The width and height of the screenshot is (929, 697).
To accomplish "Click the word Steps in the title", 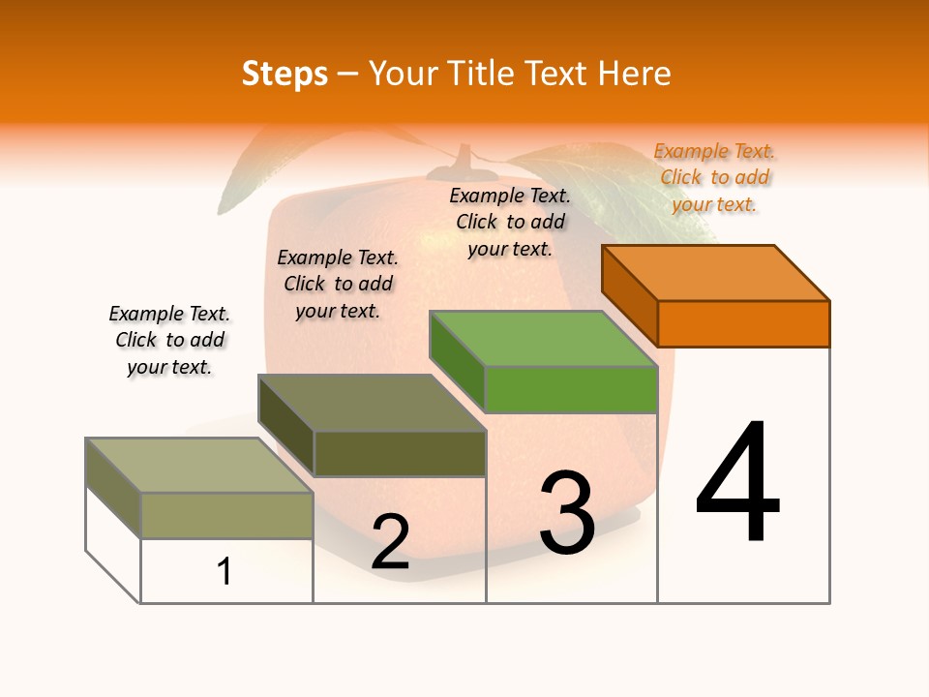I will click(x=285, y=74).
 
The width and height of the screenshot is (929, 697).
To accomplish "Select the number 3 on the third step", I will click(x=566, y=513).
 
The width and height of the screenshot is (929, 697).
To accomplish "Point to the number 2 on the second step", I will click(x=390, y=542).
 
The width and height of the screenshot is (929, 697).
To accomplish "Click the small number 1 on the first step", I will click(x=225, y=571).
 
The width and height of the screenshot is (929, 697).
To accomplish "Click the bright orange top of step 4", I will click(x=716, y=273).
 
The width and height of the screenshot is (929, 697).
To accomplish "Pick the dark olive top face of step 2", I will click(x=372, y=403).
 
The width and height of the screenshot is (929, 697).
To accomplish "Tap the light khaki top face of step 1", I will click(x=199, y=466).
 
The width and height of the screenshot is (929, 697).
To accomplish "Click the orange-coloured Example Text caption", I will click(x=714, y=177).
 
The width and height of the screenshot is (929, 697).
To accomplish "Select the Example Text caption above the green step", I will click(x=510, y=222).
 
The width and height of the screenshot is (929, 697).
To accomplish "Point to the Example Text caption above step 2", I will click(x=338, y=284).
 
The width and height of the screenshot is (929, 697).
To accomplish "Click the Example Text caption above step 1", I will click(x=169, y=340).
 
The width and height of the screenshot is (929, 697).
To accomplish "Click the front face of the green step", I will click(x=571, y=389).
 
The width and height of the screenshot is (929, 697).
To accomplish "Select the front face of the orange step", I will click(x=743, y=323).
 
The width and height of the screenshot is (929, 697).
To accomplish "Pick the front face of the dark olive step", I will click(x=400, y=453).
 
